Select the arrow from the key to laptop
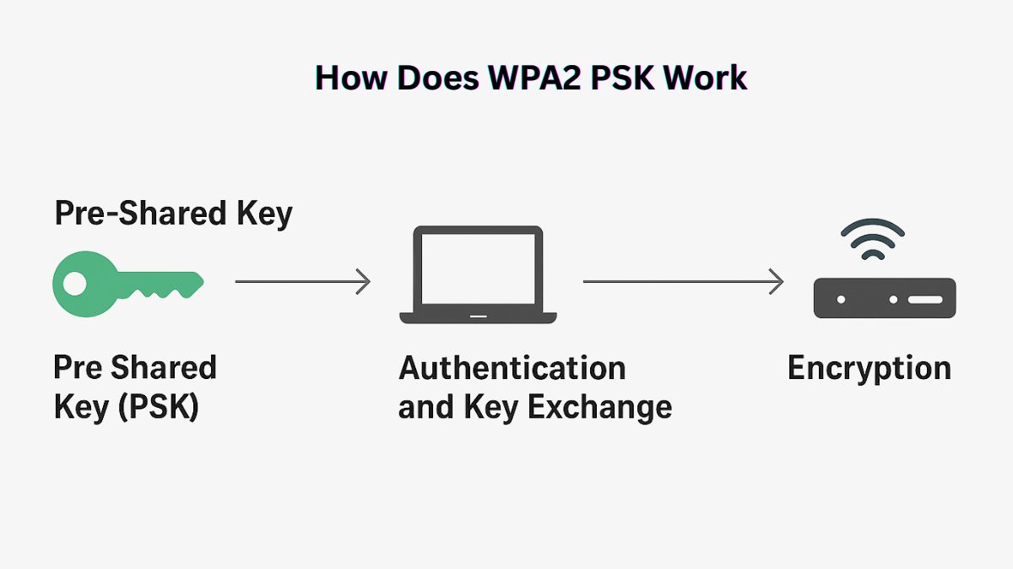302,281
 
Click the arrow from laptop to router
683,281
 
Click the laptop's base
478,317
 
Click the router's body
884,298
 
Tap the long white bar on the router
925,299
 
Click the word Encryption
869,369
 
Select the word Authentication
512,369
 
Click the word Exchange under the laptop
599,408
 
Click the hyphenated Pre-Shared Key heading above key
173,214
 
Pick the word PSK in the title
623,78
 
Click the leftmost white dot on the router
841,299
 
